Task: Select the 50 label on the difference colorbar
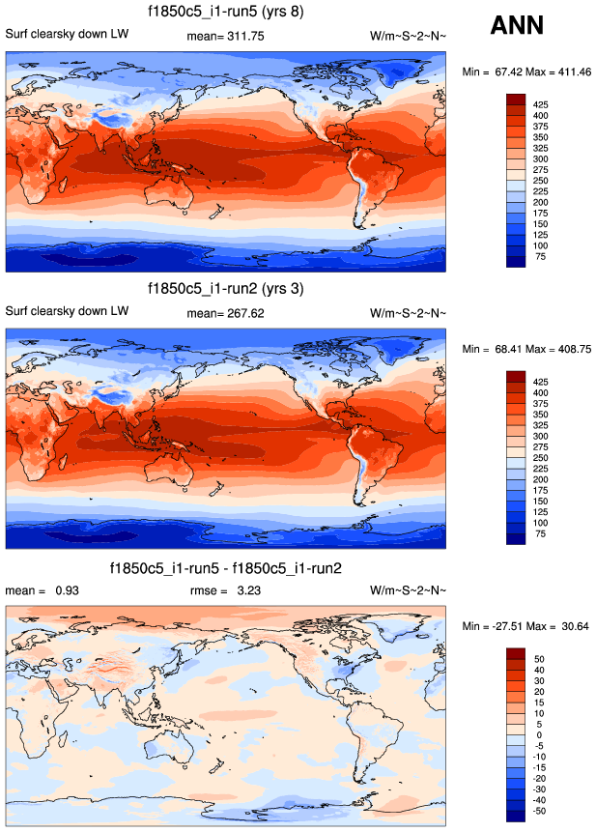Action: click(539, 658)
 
